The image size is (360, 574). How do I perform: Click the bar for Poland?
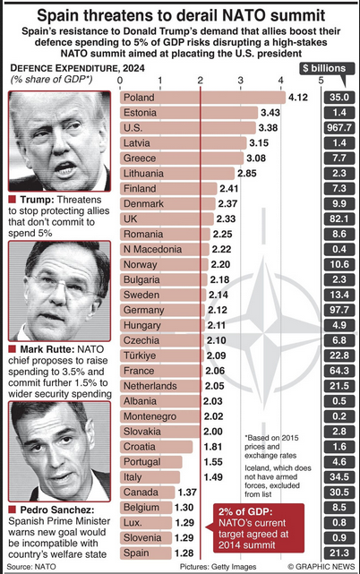pos(202,98)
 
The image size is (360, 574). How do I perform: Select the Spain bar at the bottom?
pos(146,553)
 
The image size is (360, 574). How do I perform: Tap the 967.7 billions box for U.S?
pos(339,128)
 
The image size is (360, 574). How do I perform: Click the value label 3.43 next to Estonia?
pos(270,113)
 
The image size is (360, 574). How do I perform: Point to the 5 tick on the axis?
pos(321,80)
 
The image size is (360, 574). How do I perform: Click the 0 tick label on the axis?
pos(120,80)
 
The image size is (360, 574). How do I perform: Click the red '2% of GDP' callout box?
pos(259,527)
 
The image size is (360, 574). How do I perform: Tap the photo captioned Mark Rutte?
pos(59,291)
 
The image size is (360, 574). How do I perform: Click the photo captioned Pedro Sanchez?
pos(59,451)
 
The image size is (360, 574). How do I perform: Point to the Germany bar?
pos(162,310)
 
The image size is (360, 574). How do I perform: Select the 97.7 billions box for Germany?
pos(339,310)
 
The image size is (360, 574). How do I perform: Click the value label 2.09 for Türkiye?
pos(216,356)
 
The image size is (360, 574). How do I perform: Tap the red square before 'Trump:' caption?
pos(12,199)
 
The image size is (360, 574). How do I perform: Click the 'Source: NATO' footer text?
pos(31,567)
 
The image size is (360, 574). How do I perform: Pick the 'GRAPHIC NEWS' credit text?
pos(325,567)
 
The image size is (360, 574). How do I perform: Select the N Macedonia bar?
pos(165,249)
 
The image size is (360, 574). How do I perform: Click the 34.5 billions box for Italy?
pos(339,477)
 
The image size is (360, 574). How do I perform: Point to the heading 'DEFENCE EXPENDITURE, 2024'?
pos(77,68)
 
